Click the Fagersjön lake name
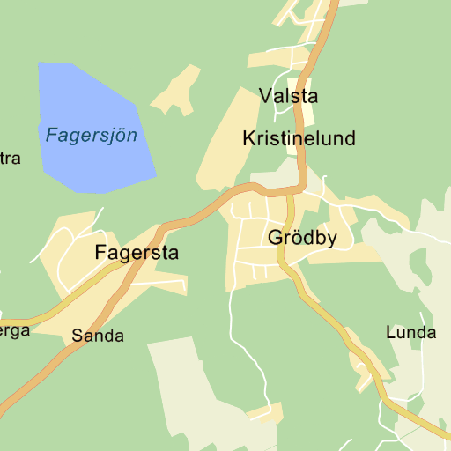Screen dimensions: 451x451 tap(91, 136)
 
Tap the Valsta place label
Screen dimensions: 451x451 tap(288, 96)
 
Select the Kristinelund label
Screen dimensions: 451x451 tap(299, 138)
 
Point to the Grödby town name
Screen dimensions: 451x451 tap(301, 238)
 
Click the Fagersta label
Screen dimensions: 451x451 tap(137, 253)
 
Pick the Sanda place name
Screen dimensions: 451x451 tap(98, 336)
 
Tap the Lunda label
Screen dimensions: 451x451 tap(410, 332)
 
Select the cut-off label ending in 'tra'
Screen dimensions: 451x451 tap(9, 159)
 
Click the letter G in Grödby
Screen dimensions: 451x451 tap(274, 238)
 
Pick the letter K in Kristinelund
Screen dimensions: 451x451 tap(248, 138)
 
